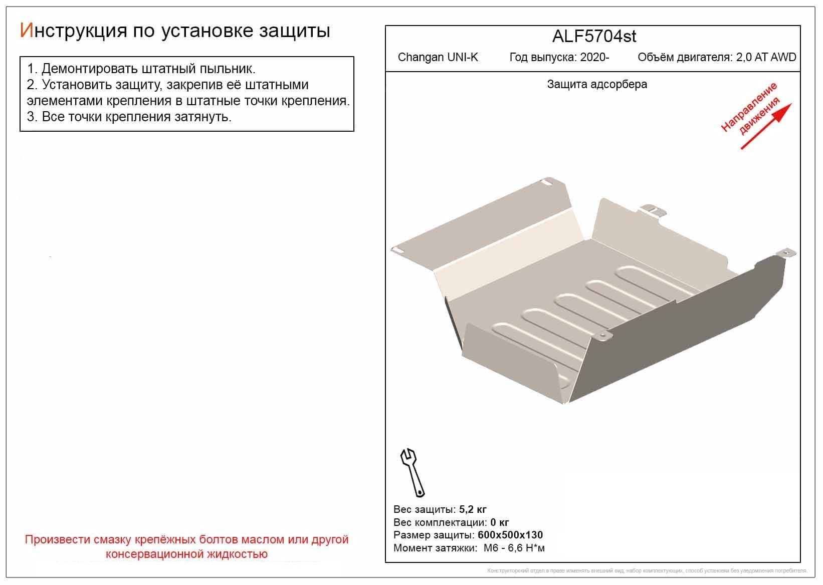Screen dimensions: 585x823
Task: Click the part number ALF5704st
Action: [x=594, y=37]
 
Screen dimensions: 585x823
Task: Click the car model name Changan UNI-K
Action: [x=438, y=57]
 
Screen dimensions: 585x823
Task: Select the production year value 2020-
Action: [x=594, y=57]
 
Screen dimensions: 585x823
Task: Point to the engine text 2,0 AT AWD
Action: [x=766, y=57]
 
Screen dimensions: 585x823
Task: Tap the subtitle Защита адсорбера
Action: [x=596, y=84]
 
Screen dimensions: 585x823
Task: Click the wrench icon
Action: [x=412, y=471]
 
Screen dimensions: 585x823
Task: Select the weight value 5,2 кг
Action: [x=473, y=510]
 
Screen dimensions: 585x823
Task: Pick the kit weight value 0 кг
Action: [x=500, y=522]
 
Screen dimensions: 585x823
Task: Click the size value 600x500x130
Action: [x=510, y=535]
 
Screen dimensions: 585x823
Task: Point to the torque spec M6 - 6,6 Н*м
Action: [x=514, y=548]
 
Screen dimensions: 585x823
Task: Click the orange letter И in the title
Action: [x=26, y=31]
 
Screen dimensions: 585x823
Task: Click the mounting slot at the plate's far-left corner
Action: [x=398, y=249]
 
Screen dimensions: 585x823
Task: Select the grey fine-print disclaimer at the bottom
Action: [x=647, y=571]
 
